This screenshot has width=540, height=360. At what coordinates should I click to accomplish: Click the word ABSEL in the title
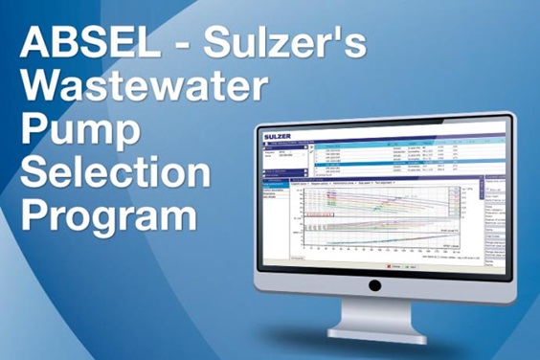[77, 46]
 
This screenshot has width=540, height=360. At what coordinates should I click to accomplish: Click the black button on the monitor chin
[374, 284]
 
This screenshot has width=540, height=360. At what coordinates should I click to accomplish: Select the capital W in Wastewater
[43, 88]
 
